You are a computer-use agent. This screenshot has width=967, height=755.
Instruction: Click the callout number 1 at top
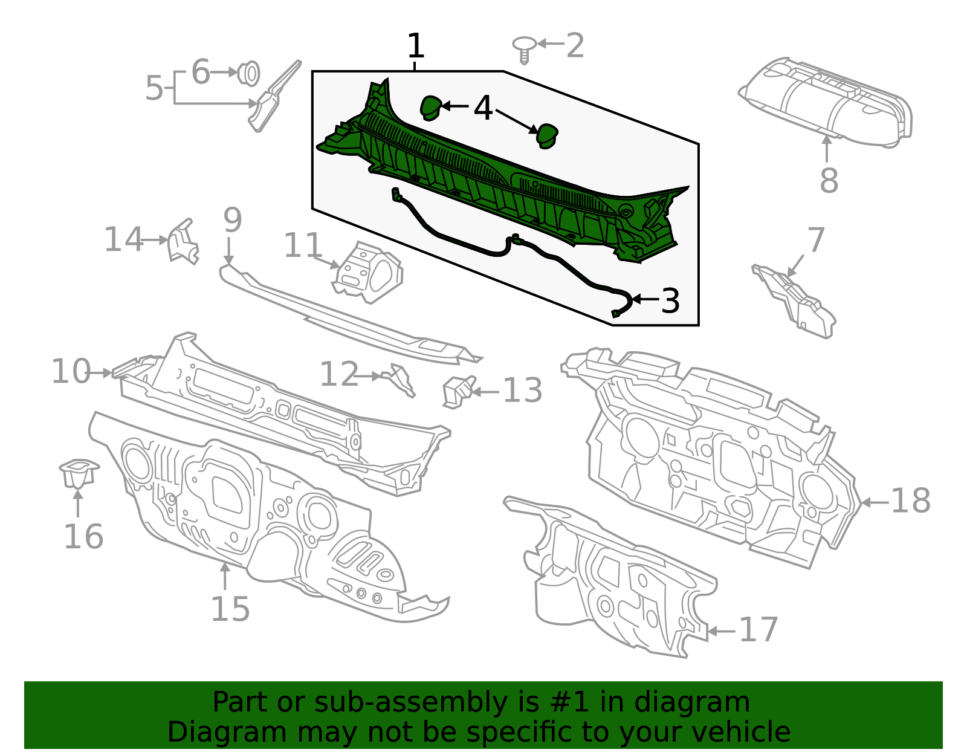click(416, 46)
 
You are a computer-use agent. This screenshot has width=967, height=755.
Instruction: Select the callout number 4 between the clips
click(483, 108)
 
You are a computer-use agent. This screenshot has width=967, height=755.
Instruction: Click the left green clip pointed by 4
click(430, 108)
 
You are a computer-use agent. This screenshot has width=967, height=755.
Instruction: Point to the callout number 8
click(829, 180)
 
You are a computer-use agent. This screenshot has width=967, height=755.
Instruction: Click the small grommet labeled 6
click(248, 74)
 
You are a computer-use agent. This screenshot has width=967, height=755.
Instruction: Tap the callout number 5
click(154, 88)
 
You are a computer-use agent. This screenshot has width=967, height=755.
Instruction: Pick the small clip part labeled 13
click(458, 391)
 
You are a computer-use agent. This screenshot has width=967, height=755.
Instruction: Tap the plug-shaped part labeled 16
click(79, 473)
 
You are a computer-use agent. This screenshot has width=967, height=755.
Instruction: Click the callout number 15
click(230, 609)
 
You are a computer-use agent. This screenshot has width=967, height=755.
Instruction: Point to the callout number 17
click(758, 630)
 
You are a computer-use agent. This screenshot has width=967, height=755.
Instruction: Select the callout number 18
click(911, 501)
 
